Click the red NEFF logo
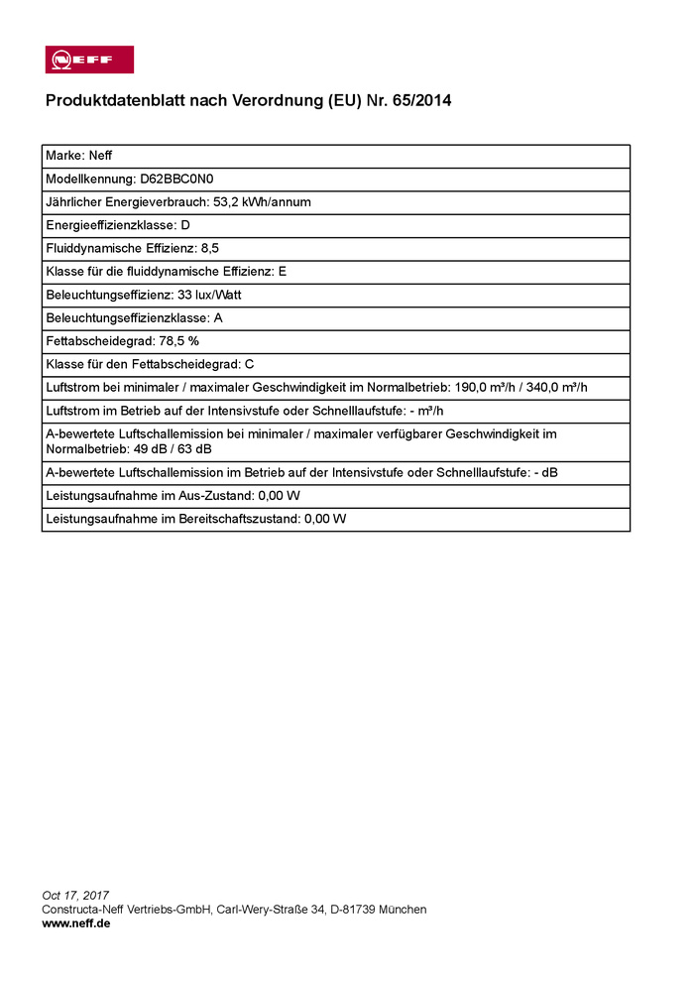89,60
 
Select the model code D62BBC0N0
177,180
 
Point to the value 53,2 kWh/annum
263,202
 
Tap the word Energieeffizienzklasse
110,225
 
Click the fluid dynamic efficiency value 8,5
209,248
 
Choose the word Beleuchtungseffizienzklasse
126,317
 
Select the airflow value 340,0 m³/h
568,387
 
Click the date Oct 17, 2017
75,896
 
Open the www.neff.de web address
76,923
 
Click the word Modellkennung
89,180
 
